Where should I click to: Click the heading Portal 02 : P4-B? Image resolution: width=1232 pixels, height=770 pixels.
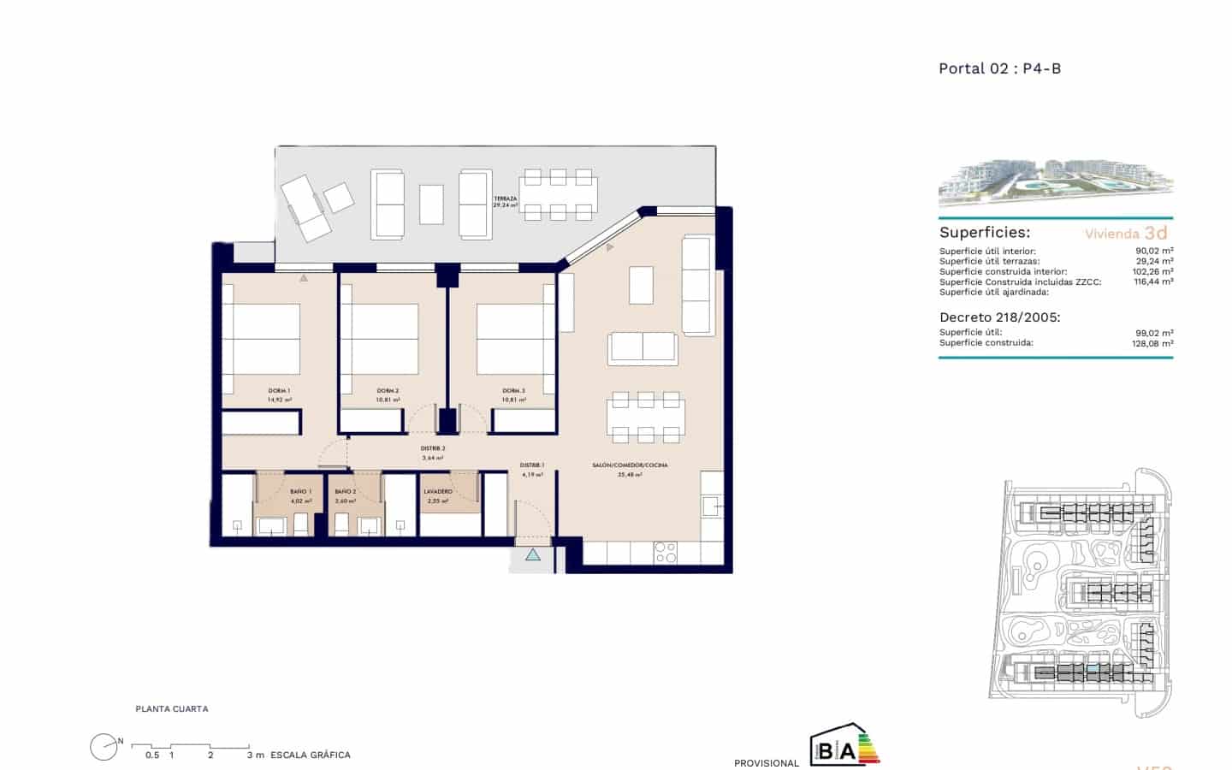pyautogui.click(x=999, y=68)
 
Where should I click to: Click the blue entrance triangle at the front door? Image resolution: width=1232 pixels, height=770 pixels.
pyautogui.click(x=533, y=555)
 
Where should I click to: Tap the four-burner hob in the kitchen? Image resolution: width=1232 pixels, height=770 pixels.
pyautogui.click(x=665, y=553)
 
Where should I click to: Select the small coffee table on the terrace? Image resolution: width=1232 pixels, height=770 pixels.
pyautogui.click(x=431, y=204)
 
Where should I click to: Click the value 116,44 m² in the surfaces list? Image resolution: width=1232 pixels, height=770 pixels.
pyautogui.click(x=1152, y=281)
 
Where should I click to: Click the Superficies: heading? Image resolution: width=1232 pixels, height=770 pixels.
pyautogui.click(x=985, y=233)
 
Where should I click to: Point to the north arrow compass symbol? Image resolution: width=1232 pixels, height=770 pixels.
pyautogui.click(x=104, y=747)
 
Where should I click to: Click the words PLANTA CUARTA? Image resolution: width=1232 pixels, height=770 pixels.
pyautogui.click(x=172, y=709)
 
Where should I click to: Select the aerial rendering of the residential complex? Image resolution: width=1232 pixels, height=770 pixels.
pyautogui.click(x=1055, y=182)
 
